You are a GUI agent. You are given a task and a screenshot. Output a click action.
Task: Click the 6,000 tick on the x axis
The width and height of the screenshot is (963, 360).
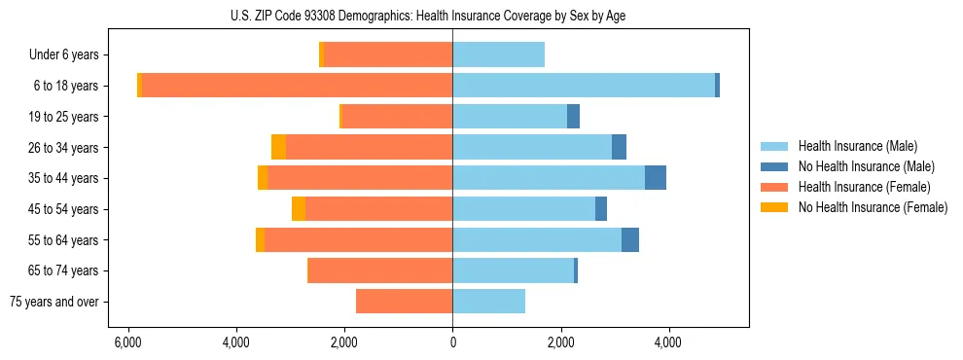[128, 342]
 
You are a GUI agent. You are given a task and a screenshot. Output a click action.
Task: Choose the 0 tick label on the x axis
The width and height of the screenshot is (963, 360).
[452, 342]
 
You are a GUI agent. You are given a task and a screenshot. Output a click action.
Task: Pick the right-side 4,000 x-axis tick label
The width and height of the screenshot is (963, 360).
[668, 342]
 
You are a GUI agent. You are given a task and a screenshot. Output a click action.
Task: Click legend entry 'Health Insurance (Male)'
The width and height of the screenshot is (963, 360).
[857, 146]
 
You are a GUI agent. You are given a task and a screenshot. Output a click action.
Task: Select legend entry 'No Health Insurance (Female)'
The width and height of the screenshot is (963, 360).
[873, 207]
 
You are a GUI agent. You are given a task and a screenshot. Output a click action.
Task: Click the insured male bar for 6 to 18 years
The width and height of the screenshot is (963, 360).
[584, 86]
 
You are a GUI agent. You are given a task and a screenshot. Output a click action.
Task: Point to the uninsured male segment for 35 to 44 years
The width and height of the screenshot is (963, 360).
[656, 178]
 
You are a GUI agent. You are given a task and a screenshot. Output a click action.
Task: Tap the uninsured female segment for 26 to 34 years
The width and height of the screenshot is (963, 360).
[278, 147]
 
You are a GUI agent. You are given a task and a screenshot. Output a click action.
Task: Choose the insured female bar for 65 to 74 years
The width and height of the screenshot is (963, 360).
[379, 270]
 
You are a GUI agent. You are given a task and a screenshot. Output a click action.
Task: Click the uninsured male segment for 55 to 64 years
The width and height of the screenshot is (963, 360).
[630, 239]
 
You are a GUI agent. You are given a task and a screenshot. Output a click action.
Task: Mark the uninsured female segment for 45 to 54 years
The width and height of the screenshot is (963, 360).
[299, 209]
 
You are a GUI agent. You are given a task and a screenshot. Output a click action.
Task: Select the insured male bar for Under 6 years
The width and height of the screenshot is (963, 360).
[498, 55]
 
